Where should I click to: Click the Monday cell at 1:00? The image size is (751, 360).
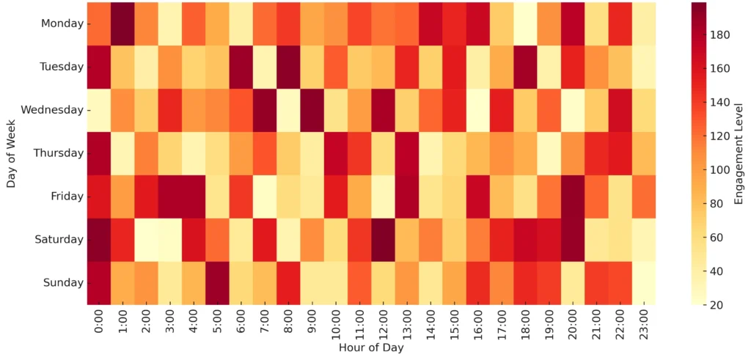coord(122,23)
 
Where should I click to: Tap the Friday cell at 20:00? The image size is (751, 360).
coord(572,196)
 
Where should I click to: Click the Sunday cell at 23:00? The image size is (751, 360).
coord(643,283)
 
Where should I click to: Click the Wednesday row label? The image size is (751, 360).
coord(52,110)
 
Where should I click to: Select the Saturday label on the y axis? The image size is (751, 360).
coord(59,240)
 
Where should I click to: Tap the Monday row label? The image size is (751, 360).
coord(62,23)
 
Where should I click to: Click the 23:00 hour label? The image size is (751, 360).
coord(643,323)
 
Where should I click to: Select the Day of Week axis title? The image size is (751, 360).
coord(11,153)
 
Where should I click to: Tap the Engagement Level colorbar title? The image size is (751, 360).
coord(737,153)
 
